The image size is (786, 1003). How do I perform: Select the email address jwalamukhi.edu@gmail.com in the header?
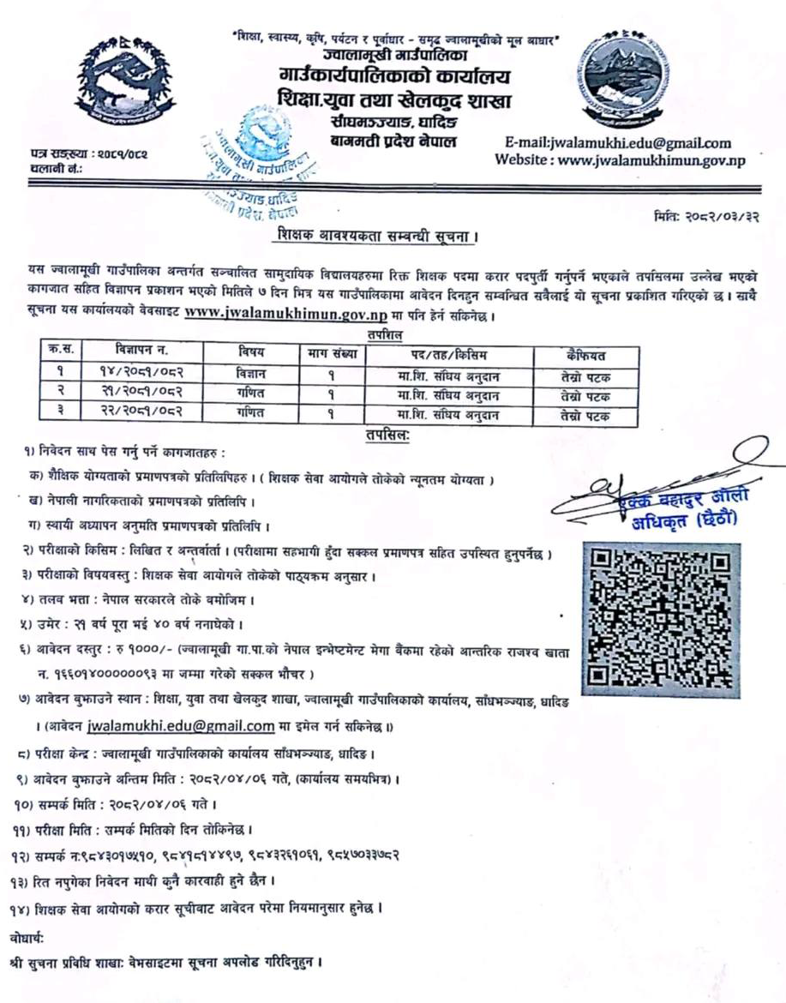(613, 143)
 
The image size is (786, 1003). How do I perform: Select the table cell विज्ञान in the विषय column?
(251, 374)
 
